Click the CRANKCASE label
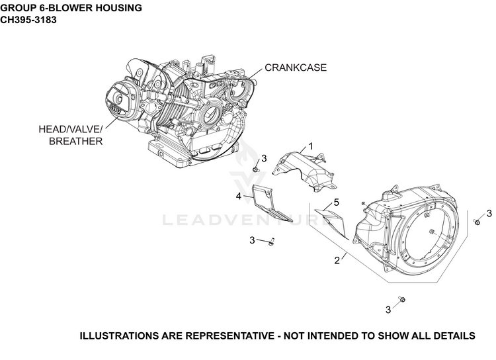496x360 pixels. click(296, 67)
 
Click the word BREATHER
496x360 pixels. click(75, 141)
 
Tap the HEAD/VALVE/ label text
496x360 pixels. click(71, 129)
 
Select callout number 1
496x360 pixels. click(311, 146)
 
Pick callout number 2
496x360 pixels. click(337, 260)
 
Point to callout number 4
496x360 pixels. click(239, 197)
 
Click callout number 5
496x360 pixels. click(336, 202)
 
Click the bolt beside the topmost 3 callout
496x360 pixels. click(256, 170)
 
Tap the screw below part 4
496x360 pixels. click(271, 242)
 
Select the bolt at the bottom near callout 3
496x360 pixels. click(401, 299)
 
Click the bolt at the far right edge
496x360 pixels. click(477, 222)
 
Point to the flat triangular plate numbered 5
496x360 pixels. click(331, 222)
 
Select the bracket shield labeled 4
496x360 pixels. click(270, 202)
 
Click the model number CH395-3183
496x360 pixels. click(28, 20)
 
